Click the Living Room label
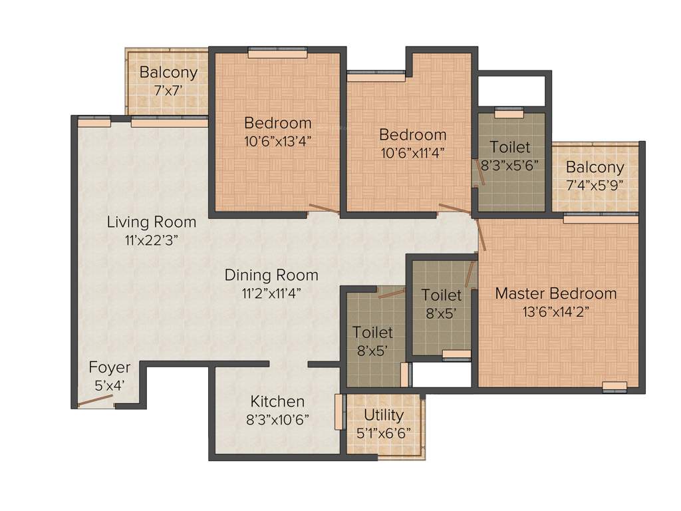[152, 222]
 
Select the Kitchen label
[277, 401]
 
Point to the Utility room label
[384, 415]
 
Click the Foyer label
[110, 367]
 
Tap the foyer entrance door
[94, 401]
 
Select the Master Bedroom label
[555, 293]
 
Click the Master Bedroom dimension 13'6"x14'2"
[555, 311]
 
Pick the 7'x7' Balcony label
[168, 73]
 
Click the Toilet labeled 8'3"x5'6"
[510, 147]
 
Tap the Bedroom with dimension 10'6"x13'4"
[277, 123]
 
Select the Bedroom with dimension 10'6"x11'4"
[412, 135]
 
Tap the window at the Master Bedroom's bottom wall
[614, 386]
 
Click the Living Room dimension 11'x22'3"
[152, 239]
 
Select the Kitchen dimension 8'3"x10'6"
[277, 419]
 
